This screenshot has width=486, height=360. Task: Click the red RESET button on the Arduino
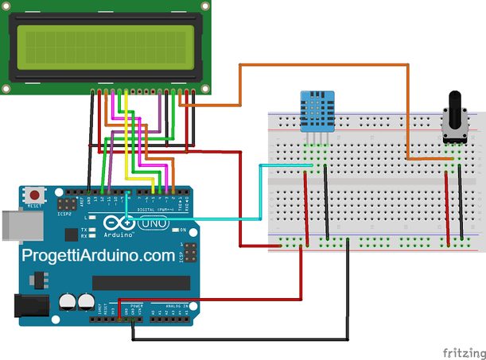(35, 194)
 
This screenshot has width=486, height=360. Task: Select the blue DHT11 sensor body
(315, 110)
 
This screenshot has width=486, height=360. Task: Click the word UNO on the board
(151, 225)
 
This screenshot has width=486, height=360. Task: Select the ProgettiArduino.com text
(98, 256)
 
